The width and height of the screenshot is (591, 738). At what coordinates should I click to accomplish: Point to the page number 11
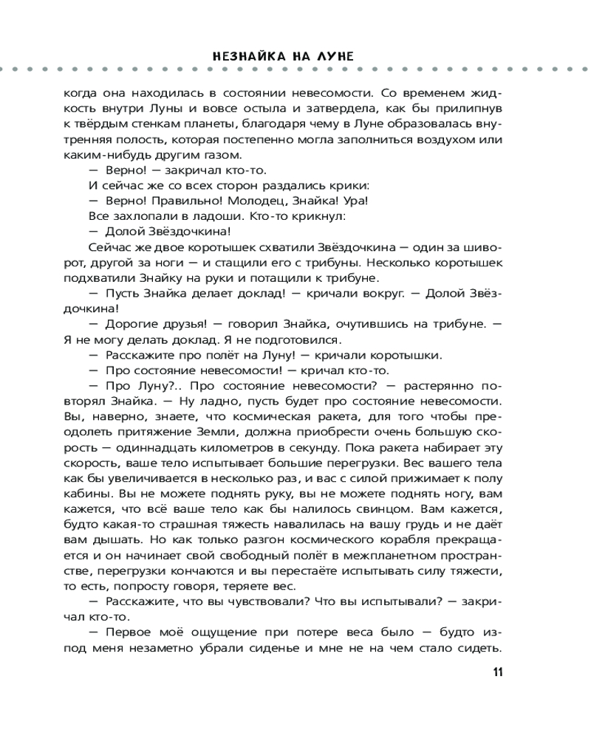[497, 672]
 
